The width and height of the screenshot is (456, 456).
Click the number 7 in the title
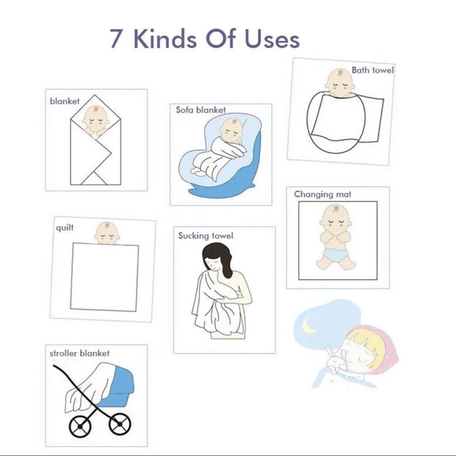[x=116, y=38]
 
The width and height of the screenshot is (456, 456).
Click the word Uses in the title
[x=272, y=38]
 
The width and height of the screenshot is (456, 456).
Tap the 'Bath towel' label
[x=373, y=70]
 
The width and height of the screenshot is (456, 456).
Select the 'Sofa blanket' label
[x=201, y=110]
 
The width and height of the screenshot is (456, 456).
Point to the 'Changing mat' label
[x=323, y=194]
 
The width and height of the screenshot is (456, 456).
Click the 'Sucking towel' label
[x=206, y=235]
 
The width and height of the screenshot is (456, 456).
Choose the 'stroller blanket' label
[x=79, y=353]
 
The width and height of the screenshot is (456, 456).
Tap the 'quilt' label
[x=64, y=227]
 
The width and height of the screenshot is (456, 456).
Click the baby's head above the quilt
[x=107, y=233]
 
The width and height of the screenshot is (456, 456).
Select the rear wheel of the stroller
[x=80, y=426]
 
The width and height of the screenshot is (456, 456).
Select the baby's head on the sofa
[x=231, y=130]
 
